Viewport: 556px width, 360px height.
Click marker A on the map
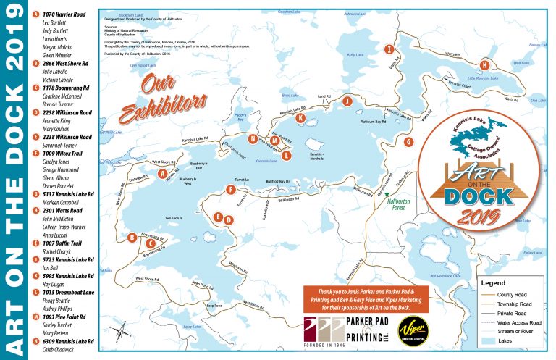162,173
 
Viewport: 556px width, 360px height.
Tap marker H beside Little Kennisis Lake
485,64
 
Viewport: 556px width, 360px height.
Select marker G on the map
408,142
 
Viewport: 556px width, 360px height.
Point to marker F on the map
230,190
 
